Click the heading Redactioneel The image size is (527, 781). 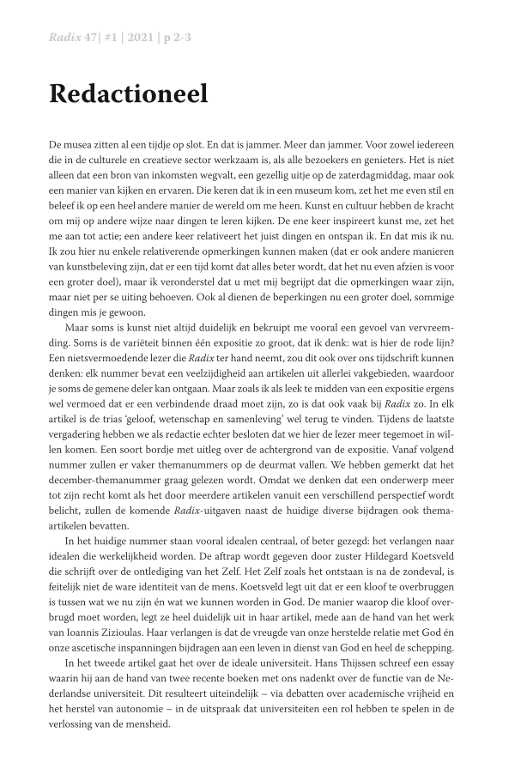tap(128, 94)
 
